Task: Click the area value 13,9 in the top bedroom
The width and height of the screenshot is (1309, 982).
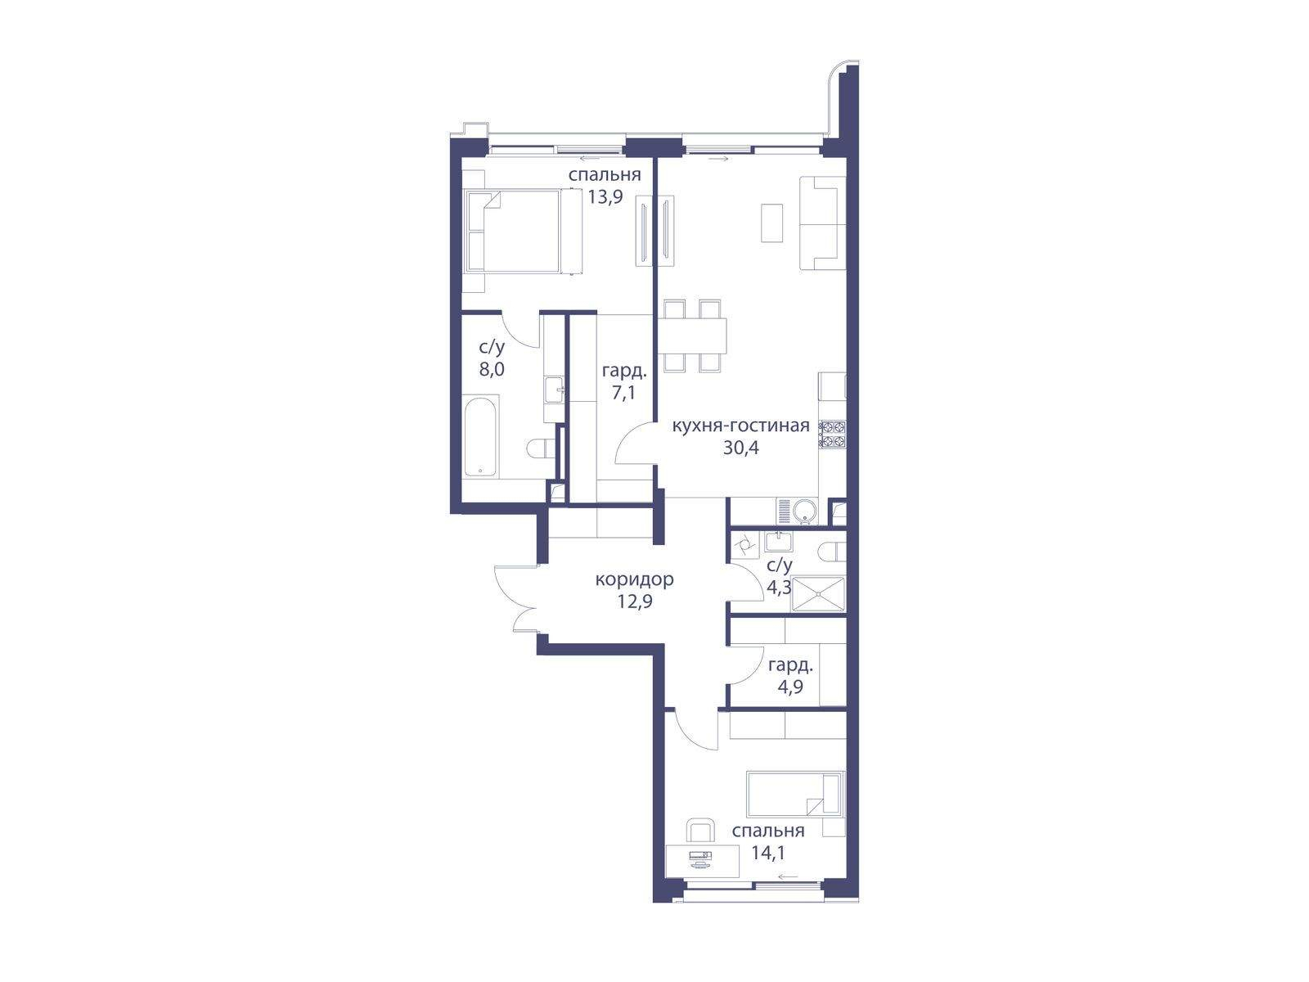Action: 605,196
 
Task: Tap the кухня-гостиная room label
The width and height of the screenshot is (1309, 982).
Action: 740,426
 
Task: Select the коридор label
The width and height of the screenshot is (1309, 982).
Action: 635,579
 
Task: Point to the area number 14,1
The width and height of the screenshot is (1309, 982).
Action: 768,854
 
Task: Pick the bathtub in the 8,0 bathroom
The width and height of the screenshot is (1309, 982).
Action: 481,437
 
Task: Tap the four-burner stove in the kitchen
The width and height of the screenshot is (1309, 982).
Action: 833,434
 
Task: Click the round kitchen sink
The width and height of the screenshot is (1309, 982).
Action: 805,511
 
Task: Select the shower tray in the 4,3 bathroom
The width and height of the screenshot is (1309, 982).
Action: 819,593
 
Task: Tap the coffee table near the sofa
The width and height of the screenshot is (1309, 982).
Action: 771,223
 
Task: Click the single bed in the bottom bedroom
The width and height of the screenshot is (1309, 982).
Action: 795,794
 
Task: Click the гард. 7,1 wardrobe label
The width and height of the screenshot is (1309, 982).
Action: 624,382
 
